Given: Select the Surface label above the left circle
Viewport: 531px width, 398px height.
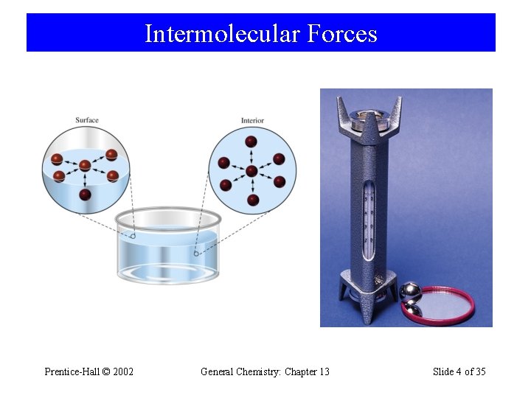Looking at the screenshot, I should tap(86, 120).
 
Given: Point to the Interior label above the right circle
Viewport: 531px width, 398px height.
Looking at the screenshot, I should tap(252, 120).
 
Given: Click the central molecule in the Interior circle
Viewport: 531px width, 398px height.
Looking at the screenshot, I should tap(251, 171).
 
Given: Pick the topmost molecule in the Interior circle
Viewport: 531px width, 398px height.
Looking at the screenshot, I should tap(251, 142).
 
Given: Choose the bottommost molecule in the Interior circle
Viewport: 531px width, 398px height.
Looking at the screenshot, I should tap(253, 200).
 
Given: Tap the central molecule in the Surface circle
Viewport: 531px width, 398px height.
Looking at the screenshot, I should tap(85, 166).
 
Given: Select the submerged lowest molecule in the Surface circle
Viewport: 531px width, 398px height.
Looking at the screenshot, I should tap(85, 195).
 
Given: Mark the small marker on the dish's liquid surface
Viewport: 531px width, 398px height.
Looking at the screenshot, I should tap(133, 237).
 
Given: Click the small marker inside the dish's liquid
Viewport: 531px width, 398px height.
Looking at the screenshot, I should tap(196, 254).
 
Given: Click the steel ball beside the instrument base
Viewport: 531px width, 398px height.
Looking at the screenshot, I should tap(410, 293).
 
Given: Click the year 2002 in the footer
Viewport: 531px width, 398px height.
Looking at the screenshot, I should tap(122, 371).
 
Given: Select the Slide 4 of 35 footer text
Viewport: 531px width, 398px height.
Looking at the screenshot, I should tap(459, 371).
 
